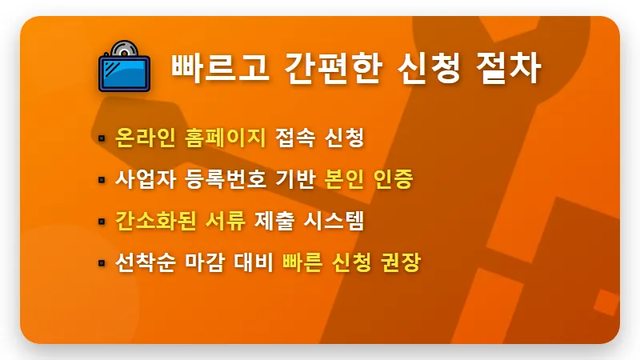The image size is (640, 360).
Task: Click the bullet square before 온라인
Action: click(102, 138)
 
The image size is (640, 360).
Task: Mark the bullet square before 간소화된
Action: click(102, 221)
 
